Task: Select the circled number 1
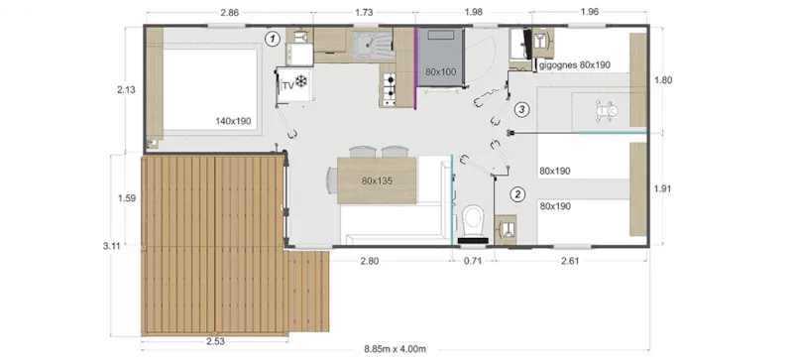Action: tap(272, 39)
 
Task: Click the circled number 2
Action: tap(516, 194)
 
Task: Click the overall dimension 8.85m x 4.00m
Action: tap(395, 348)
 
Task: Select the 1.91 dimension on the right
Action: tap(663, 187)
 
